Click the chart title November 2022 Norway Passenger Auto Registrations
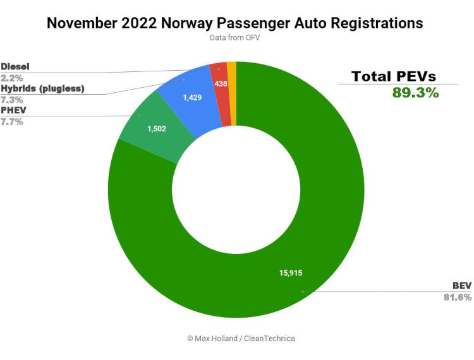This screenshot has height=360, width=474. pyautogui.click(x=235, y=23)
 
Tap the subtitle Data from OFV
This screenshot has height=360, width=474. pyautogui.click(x=235, y=38)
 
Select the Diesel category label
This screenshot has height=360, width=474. pyautogui.click(x=15, y=66)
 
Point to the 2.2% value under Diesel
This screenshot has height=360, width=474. pyautogui.click(x=12, y=77)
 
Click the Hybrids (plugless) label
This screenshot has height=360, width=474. pyautogui.click(x=42, y=88)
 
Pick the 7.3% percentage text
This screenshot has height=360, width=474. pyautogui.click(x=12, y=100)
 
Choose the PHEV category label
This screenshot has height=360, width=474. pyautogui.click(x=13, y=111)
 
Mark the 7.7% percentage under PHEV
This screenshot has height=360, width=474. pyautogui.click(x=12, y=121)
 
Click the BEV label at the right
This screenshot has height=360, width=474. pyautogui.click(x=461, y=286)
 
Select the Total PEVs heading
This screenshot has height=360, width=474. pyautogui.click(x=394, y=76)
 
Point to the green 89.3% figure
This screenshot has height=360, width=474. pyautogui.click(x=415, y=92)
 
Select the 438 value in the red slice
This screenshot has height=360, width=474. pyautogui.click(x=221, y=83)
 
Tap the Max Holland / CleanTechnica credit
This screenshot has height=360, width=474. pyautogui.click(x=241, y=338)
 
